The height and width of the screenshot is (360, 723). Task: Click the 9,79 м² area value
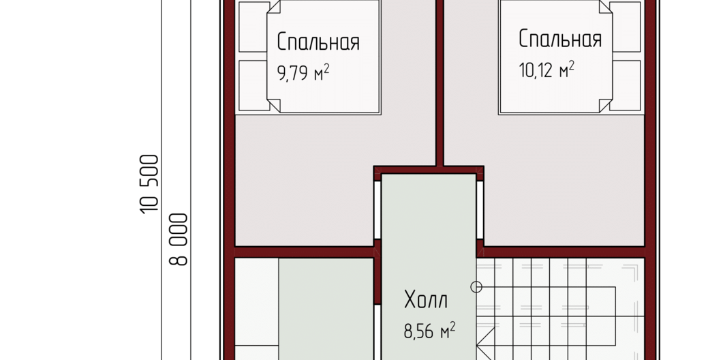point(303,73)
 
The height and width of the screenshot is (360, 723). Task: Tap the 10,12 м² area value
point(547,70)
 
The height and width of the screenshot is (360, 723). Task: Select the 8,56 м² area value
point(430,331)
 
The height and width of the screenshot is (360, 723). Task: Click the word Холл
point(426,300)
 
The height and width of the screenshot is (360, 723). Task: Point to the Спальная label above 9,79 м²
point(318,42)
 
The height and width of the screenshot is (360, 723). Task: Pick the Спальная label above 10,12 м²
point(560,39)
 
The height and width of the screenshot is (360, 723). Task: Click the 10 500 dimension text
point(150,184)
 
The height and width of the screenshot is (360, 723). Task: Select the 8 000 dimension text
point(179,239)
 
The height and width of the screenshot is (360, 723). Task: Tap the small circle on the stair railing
point(476,287)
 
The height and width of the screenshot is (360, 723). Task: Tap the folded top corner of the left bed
point(275,6)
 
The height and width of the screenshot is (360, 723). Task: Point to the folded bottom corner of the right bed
point(606,105)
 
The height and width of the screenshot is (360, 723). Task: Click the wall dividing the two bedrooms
point(440,83)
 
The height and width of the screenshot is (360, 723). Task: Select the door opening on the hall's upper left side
point(378,210)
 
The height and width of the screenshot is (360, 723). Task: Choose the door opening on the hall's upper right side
point(480,210)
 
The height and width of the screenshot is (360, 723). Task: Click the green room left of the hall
point(326,309)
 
